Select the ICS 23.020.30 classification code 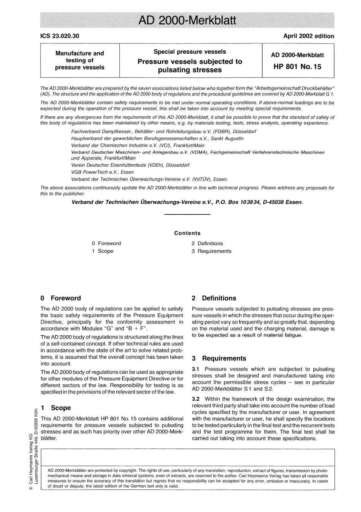[x=60, y=36]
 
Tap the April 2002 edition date [x=309, y=36]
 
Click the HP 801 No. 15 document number [x=297, y=67]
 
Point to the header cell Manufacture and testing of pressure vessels [x=80, y=60]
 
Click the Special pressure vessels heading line [x=190, y=52]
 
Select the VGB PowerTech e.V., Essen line [x=103, y=172]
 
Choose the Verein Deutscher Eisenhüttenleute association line [x=130, y=165]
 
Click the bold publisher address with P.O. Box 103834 [x=187, y=202]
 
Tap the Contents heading [x=187, y=233]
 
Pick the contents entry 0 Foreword [x=106, y=243]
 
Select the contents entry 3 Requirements [x=211, y=251]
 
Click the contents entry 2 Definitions [x=207, y=243]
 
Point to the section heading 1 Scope [x=56, y=408]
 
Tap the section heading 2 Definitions [x=214, y=298]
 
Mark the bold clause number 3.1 [x=196, y=369]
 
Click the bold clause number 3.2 [x=196, y=399]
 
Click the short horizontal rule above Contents [x=187, y=215]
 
